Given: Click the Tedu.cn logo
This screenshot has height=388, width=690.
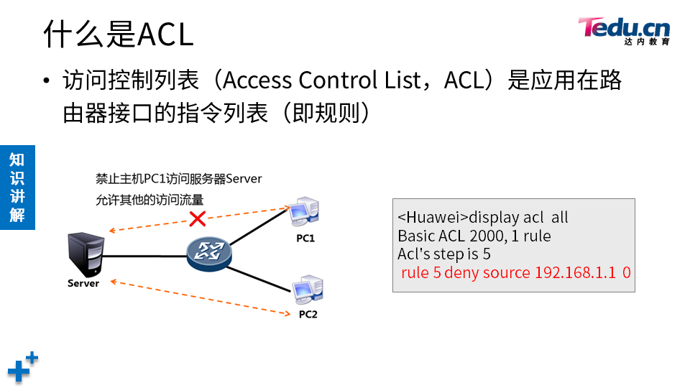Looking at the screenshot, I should [x=624, y=29].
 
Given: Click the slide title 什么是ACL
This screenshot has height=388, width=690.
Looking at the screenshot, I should [x=119, y=34].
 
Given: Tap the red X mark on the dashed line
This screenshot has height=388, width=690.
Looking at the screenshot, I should [x=195, y=218].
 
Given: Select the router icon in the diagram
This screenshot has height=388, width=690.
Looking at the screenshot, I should [x=209, y=252].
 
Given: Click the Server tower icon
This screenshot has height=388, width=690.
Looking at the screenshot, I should [x=84, y=254].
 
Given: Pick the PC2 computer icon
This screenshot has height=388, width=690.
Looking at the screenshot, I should [x=306, y=290].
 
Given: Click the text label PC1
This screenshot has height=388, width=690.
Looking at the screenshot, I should [x=305, y=238].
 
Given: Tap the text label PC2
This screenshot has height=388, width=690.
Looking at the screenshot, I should [x=308, y=315].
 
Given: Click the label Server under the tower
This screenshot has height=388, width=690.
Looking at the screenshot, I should [x=83, y=283].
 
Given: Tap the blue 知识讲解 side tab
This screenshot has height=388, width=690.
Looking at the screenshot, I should [x=17, y=187].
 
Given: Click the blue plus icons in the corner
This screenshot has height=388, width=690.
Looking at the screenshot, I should [x=22, y=366].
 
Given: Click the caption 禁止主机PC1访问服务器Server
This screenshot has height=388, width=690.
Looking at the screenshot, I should [x=179, y=178].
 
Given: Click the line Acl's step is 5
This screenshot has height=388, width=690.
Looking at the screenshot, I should [x=443, y=254].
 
